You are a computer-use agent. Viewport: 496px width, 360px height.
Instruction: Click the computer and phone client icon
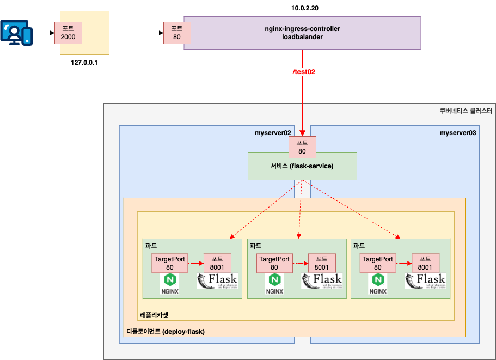[17, 32]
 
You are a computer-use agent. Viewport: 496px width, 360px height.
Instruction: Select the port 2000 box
[68, 33]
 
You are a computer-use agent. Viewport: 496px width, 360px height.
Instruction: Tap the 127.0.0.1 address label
[88, 63]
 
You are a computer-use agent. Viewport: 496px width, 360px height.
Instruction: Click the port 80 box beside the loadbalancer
[177, 33]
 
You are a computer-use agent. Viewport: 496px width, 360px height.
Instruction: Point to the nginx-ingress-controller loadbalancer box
[302, 33]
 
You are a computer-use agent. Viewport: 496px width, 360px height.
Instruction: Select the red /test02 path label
[304, 71]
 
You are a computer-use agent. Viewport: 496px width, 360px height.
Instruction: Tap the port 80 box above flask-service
[302, 147]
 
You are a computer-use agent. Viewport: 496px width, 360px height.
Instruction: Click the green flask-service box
[302, 166]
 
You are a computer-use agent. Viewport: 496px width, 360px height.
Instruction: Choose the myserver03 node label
[458, 132]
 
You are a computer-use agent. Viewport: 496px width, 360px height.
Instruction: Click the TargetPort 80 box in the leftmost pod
[170, 263]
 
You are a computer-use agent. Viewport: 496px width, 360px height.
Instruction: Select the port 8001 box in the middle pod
[322, 263]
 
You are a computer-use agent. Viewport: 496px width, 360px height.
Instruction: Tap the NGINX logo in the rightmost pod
[378, 284]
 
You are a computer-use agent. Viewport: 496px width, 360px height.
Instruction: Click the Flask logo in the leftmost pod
[217, 282]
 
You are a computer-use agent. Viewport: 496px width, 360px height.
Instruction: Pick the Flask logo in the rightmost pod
[425, 282]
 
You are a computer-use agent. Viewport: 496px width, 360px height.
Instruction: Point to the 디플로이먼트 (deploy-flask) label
[166, 331]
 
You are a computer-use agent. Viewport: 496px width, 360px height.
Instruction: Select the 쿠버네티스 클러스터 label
[466, 111]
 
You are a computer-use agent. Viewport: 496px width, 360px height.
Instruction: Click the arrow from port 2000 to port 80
[123, 33]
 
